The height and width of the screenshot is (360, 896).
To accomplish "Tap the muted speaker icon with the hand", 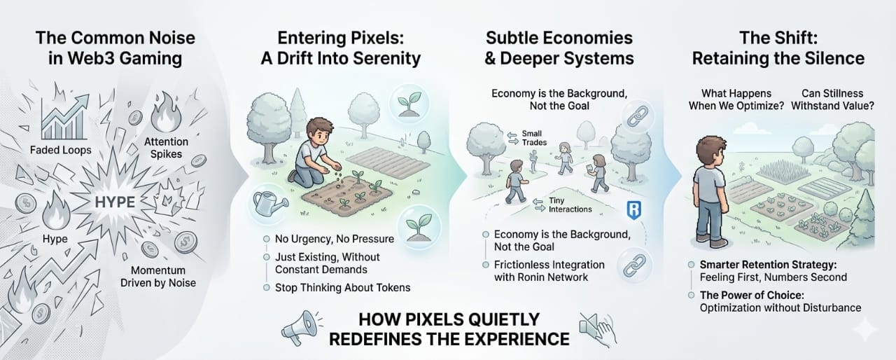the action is coord(596,327).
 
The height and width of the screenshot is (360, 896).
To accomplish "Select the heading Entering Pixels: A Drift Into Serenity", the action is coord(341,48).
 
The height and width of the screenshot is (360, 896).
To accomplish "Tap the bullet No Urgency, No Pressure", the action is coord(333,239).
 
